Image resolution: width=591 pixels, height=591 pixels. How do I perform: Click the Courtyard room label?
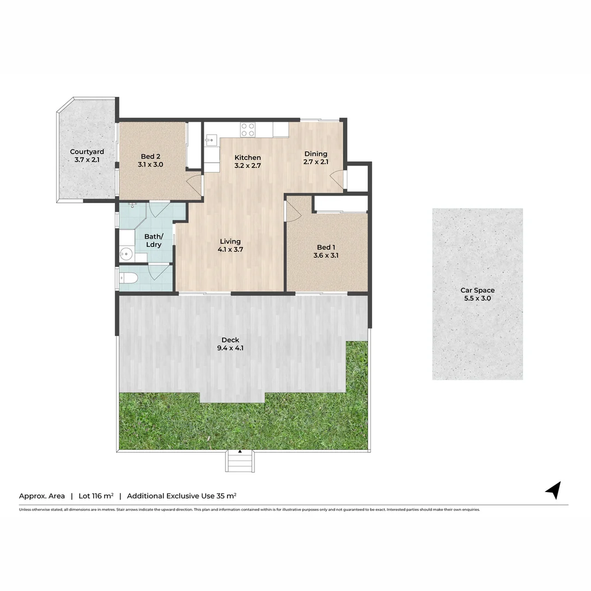coord(87,152)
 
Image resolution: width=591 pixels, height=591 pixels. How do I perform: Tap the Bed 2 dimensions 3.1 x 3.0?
coord(150,164)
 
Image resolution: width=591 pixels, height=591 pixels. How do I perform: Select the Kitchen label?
coord(247,158)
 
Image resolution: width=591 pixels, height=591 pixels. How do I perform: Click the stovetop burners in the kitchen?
coord(247,130)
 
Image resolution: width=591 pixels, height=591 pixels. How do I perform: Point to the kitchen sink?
coord(211,140)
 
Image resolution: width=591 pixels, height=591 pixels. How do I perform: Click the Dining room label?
coord(316,154)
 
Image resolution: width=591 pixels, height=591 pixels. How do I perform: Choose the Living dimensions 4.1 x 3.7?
coord(230,249)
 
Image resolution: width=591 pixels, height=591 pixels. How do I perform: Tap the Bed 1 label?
coord(326,247)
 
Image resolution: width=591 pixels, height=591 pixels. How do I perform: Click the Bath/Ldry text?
coord(153,240)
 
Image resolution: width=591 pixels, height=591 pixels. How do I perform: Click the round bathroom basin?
coord(126,253)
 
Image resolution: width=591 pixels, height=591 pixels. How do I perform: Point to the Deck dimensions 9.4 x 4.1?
coord(230,347)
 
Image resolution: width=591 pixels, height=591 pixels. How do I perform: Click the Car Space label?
coord(477,291)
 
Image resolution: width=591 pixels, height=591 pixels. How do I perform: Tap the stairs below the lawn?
coord(240,461)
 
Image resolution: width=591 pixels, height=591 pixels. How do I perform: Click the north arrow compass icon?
coord(554,490)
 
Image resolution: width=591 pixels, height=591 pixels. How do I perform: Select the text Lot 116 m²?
coord(96,496)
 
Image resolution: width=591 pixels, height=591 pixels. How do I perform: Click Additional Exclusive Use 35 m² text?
coord(182,496)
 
